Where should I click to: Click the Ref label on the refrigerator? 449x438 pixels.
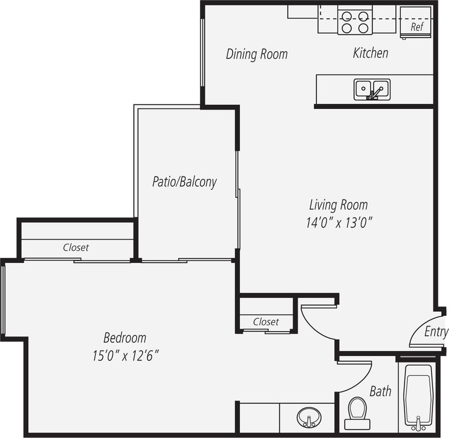[416, 27]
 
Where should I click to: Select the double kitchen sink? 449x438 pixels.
[372, 89]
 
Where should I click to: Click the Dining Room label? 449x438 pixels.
[257, 54]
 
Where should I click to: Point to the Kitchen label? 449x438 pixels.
[370, 53]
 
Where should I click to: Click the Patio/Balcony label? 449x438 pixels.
[184, 182]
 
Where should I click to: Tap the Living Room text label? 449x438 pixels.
[338, 205]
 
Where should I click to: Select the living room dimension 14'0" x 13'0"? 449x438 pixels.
[339, 223]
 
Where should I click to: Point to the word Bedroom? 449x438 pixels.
[125, 338]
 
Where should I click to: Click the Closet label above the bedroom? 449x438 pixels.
[76, 247]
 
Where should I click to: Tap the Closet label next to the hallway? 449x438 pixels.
[266, 322]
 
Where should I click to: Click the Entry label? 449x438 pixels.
[436, 331]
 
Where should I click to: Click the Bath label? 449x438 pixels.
[380, 391]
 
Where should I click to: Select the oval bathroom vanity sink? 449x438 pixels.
[309, 417]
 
